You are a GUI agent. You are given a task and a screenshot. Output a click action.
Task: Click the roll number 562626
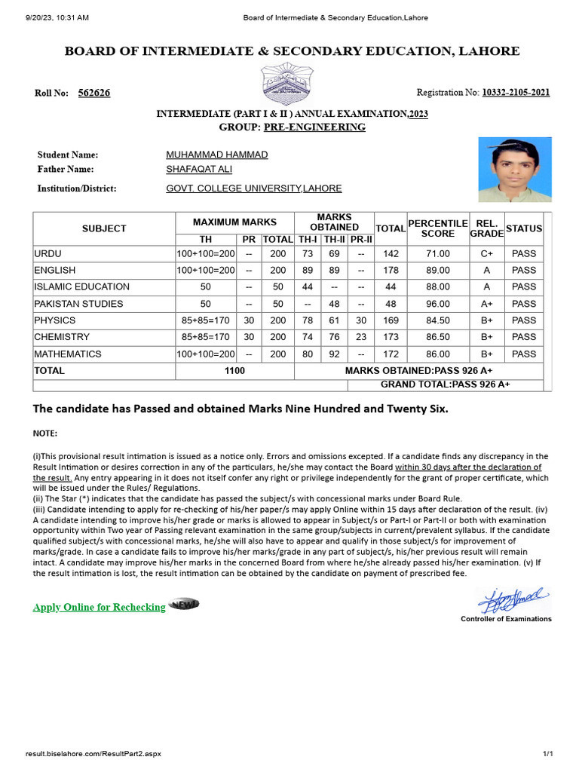pos(94,93)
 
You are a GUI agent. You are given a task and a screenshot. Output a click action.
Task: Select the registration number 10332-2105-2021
pos(516,93)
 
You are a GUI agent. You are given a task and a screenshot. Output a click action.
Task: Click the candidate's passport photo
pos(514,170)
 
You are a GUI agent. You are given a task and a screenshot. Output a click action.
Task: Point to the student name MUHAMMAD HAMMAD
pos(216,155)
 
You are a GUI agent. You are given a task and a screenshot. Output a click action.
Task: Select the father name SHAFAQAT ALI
pos(194,170)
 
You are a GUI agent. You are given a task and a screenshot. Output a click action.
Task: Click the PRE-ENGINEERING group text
pos(314,127)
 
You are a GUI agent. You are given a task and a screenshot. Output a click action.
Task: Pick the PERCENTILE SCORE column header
pos(438,228)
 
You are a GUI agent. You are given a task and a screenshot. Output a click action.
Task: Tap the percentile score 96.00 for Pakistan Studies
pos(438,304)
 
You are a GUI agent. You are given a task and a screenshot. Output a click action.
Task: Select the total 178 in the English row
pos(391,270)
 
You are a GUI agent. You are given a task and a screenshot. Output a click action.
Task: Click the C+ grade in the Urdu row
pos(486,253)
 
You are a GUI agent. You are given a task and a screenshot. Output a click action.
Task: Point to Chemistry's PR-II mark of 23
pos(361,337)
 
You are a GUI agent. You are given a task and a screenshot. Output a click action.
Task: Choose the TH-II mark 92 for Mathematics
pos(334,354)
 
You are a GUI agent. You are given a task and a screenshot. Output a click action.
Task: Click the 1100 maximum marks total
pos(234,371)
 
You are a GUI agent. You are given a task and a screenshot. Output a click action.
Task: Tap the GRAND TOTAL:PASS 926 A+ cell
pos(445,384)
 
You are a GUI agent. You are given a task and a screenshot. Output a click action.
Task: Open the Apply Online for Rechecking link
pos(99,607)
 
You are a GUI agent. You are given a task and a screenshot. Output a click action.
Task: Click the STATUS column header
pos(523,228)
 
